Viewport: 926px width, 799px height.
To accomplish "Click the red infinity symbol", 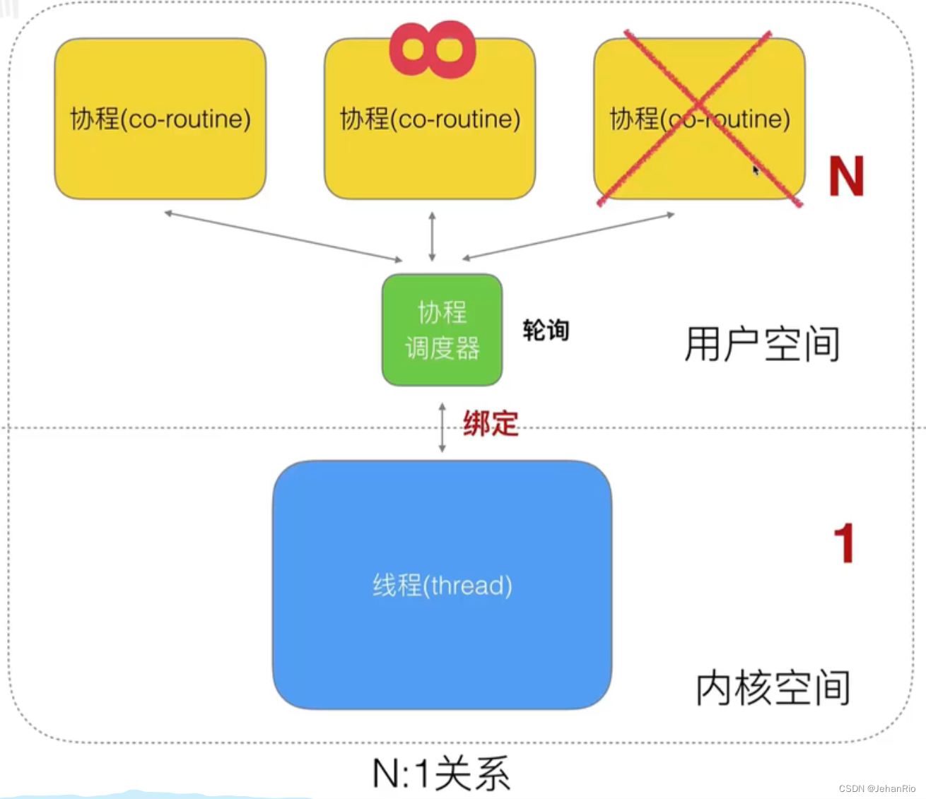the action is (433, 49).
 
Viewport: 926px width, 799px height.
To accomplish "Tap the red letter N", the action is (846, 176).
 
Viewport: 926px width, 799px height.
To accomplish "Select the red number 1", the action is (844, 543).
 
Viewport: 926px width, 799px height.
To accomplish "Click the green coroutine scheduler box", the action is (442, 330).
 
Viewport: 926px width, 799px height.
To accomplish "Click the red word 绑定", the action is (491, 424).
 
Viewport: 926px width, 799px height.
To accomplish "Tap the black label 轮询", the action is (546, 330).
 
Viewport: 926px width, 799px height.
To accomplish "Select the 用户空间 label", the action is (762, 344).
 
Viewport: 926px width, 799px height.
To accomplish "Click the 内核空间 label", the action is (773, 687).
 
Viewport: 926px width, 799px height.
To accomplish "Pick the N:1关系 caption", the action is (441, 774).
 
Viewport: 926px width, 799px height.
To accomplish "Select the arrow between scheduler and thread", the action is (443, 427).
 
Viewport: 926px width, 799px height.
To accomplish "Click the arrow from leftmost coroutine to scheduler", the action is (283, 236).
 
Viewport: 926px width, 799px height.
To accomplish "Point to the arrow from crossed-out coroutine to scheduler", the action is (568, 236).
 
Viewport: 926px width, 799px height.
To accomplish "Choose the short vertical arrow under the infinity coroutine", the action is (433, 237).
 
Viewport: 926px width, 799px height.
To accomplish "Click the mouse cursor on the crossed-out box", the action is (755, 170).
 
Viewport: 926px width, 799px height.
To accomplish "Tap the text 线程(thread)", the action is (442, 585).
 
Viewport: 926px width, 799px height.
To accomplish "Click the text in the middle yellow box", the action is (430, 119).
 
